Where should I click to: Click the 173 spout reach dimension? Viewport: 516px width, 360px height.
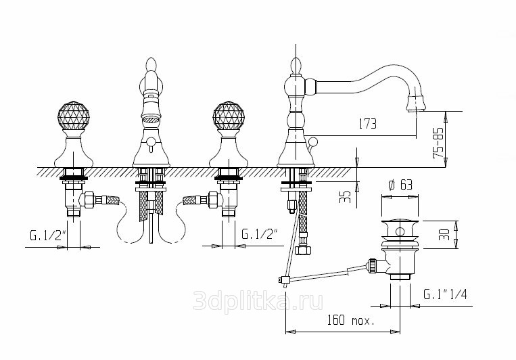(x=367, y=124)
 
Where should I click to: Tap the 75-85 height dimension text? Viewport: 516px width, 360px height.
(x=438, y=143)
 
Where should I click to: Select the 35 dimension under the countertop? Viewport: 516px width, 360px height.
(x=345, y=197)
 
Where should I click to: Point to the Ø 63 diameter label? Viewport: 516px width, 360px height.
(x=400, y=185)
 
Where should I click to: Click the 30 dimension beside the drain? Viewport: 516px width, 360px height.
(x=444, y=235)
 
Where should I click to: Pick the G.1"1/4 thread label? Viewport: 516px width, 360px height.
(x=445, y=294)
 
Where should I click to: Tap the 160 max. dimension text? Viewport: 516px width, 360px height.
(x=350, y=320)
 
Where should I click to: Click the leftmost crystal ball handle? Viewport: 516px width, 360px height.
(x=74, y=116)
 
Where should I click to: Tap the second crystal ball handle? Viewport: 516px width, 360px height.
(x=229, y=116)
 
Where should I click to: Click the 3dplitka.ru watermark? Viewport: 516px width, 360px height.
(x=258, y=300)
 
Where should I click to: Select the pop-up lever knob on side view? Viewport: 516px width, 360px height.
(x=312, y=141)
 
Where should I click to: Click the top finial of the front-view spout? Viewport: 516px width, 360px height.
(x=151, y=64)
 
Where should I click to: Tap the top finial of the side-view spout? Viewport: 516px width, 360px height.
(x=296, y=65)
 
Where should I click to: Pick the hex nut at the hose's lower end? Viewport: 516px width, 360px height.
(x=303, y=250)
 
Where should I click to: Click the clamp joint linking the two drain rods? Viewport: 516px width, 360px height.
(x=284, y=280)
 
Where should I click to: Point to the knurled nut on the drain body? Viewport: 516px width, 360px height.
(x=372, y=266)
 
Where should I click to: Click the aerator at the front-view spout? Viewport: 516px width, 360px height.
(x=151, y=118)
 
